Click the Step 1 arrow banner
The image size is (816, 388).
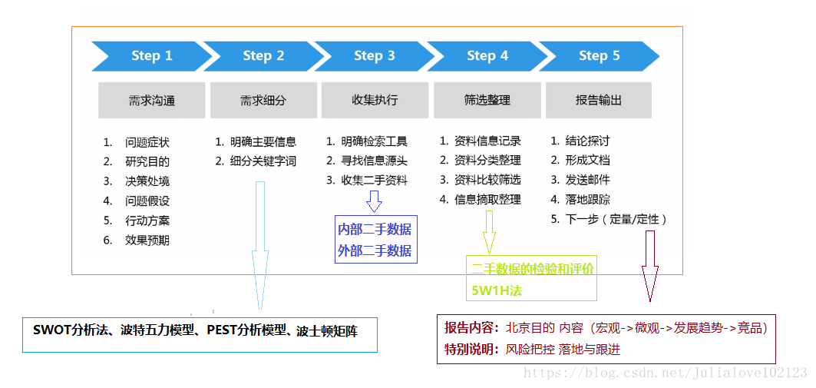pyautogui.click(x=151, y=55)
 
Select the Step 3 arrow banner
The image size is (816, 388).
pyautogui.click(x=374, y=55)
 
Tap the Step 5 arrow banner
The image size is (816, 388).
pyautogui.click(x=599, y=55)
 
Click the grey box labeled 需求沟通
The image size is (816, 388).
pyautogui.click(x=151, y=101)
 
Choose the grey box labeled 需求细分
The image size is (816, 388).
pyautogui.click(x=263, y=101)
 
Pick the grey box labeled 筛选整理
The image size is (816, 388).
pyautogui.click(x=487, y=101)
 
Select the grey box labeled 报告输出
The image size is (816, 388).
pyautogui.click(x=598, y=101)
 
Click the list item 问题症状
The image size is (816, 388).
pyautogui.click(x=147, y=142)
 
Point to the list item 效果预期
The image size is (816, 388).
pyautogui.click(x=147, y=240)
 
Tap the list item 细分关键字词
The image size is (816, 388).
pyautogui.click(x=263, y=161)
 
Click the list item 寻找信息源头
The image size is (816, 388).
pyautogui.click(x=374, y=161)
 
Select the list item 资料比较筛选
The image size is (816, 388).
pyautogui.click(x=487, y=180)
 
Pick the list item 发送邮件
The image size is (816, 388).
pyautogui.click(x=587, y=180)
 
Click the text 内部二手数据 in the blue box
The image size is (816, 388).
pyautogui.click(x=375, y=229)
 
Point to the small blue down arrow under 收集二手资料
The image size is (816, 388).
pyautogui.click(x=374, y=201)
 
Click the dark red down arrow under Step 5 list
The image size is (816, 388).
pyautogui.click(x=650, y=265)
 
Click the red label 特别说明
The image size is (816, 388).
pyautogui.click(x=470, y=350)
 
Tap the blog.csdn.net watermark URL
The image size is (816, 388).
pyautogui.click(x=665, y=373)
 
